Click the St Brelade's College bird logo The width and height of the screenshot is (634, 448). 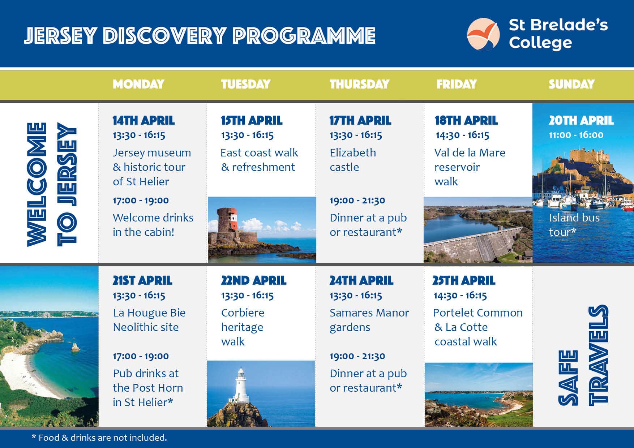tap(483, 34)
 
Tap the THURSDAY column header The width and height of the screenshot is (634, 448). tap(359, 84)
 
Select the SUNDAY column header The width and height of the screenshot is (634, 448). tap(571, 84)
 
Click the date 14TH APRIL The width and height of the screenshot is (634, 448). tap(143, 120)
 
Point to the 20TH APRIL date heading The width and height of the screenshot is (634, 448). tap(581, 120)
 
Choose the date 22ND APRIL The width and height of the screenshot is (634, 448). tap(254, 280)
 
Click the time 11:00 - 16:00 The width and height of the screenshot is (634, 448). tap(576, 135)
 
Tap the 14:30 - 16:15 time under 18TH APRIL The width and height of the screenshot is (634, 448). tap(462, 135)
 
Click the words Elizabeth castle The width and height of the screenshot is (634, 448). tap(353, 160)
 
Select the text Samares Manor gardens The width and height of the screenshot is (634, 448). tap(369, 320)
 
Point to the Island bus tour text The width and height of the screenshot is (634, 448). tap(574, 225)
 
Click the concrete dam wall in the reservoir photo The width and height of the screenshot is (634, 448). tap(474, 244)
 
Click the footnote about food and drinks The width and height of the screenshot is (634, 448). tap(99, 438)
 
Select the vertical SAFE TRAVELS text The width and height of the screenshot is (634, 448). tap(583, 356)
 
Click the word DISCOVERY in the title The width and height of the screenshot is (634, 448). tap(164, 36)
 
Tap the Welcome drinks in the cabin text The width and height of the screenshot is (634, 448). tap(153, 225)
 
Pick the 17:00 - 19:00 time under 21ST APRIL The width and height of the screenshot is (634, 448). tap(141, 356)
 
